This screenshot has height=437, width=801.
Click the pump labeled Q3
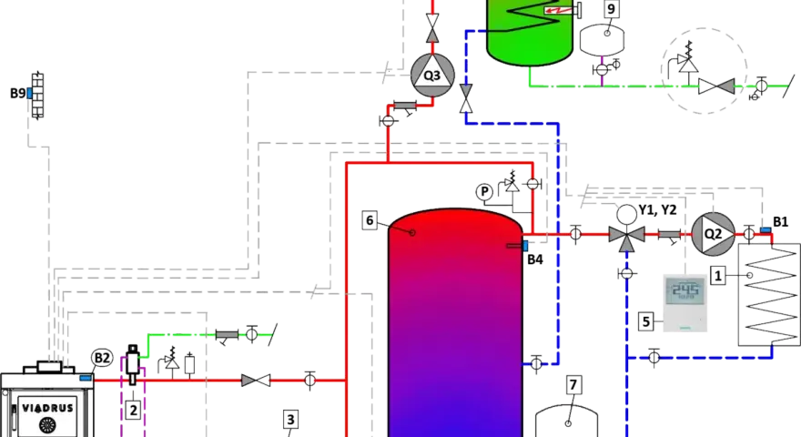pos(432,76)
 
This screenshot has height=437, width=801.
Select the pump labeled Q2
pos(713,234)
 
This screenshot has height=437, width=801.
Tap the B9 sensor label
pos(18,94)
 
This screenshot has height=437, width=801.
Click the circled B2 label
pos(102,359)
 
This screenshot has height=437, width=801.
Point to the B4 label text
pos(535,259)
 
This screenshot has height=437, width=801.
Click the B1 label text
pos(781,222)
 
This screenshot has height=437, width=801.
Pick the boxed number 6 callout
pos(370,221)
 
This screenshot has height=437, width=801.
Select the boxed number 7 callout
pos(573,385)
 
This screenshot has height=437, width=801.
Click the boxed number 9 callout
pos(612,9)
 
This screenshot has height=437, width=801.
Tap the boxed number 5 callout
pos(646,321)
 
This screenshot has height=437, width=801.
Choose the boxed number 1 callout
pos(718,276)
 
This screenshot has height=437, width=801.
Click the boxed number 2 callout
pos(133,410)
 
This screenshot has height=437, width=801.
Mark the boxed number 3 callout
pos(290,420)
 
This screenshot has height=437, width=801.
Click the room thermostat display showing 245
pos(685,302)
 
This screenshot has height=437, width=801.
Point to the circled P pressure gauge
pos(484,192)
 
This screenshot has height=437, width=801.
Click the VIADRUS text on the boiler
pos(48,409)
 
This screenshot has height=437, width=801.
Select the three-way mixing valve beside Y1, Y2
pos(627,234)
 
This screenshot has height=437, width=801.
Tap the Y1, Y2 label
pos(657,210)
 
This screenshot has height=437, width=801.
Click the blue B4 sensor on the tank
pos(525,246)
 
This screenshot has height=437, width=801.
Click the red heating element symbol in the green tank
pos(558,10)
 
